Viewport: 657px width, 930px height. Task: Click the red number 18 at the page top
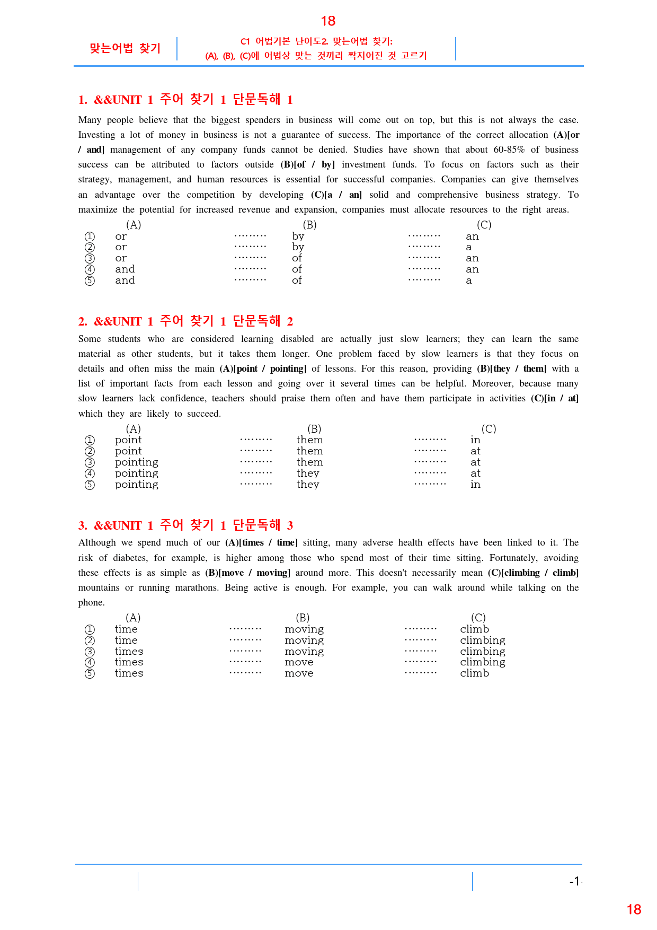point(328,21)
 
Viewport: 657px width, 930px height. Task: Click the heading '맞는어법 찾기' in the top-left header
point(125,48)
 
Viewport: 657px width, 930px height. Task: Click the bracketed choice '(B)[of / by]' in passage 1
point(307,164)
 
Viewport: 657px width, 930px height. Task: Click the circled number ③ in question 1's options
point(90,259)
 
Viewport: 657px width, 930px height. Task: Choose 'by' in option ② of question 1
point(298,248)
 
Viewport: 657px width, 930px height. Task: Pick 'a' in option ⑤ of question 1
point(469,280)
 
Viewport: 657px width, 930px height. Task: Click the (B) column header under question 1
point(309,225)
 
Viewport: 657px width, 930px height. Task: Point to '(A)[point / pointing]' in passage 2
point(263,369)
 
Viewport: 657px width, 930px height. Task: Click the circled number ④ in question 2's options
point(90,473)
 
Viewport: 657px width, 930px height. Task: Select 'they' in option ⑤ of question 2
point(308,485)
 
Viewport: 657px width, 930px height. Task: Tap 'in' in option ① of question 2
point(475,440)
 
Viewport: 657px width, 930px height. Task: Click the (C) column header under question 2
point(489,429)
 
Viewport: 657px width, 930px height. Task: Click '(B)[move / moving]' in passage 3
point(247,573)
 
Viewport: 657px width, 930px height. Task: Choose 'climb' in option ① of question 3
point(474,629)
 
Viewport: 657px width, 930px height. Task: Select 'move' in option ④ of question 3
point(299,662)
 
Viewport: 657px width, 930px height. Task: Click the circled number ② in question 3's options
point(90,641)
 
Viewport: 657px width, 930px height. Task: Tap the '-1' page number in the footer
point(575,881)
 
